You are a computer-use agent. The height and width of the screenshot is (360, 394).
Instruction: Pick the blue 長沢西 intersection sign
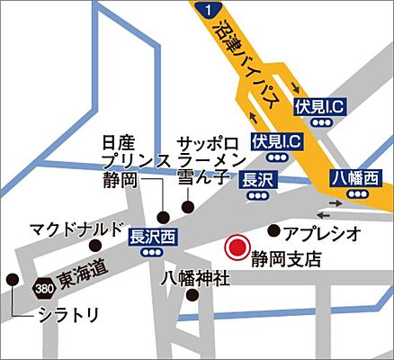152,237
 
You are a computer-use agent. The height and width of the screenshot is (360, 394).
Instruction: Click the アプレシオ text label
322,233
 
